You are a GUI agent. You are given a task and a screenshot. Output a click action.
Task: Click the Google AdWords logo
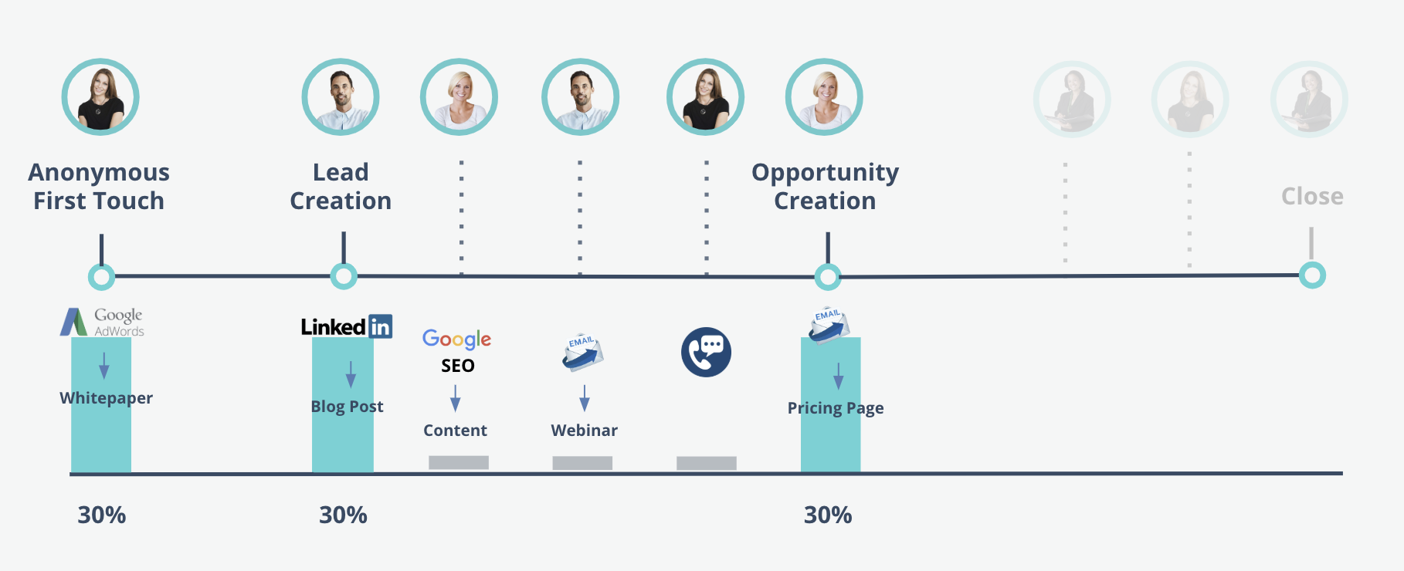point(102,322)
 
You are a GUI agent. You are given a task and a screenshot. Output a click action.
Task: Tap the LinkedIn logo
point(347,326)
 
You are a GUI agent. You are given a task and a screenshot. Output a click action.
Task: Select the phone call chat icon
point(706,353)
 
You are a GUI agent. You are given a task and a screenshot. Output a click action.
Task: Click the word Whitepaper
point(107,398)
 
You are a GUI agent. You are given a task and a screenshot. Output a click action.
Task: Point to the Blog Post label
point(347,407)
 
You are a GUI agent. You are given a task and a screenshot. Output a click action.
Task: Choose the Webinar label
point(585,431)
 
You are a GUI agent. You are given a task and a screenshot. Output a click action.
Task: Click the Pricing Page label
point(836,408)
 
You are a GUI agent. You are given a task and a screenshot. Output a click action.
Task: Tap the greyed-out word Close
point(1312,197)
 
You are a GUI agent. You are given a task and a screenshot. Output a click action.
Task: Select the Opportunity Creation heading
point(826,186)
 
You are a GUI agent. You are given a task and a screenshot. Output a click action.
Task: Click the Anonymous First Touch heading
point(99,186)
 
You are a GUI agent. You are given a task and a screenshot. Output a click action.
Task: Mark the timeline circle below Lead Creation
point(344,275)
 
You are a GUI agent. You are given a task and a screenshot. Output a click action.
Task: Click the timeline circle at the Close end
point(1312,275)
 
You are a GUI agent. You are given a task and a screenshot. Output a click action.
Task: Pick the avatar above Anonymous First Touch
point(100,97)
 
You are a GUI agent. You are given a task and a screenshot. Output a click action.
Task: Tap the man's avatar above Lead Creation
point(341,97)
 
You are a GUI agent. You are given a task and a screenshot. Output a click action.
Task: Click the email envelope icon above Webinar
point(583,353)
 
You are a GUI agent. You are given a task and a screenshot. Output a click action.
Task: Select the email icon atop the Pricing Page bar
point(829,325)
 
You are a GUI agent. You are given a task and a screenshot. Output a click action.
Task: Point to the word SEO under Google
point(458,366)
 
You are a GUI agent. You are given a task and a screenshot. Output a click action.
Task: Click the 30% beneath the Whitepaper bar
point(102,515)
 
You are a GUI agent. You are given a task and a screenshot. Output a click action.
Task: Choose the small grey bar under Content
point(459,462)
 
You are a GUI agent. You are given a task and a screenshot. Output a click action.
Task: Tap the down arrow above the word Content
point(456,398)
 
